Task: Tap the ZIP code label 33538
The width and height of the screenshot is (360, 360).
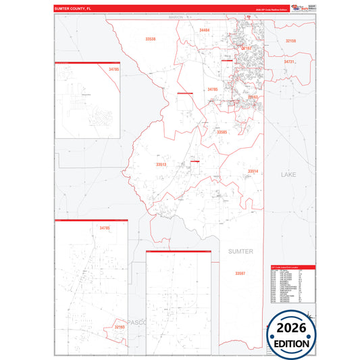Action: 151,39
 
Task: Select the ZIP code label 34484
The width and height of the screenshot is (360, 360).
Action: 205,30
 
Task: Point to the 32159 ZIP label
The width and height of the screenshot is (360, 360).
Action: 290,41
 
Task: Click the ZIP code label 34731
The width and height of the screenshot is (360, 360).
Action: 289,62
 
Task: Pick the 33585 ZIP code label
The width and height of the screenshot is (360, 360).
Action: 222,132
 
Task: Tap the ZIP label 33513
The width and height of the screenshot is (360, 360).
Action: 161,164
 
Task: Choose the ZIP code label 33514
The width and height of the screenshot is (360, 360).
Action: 253,172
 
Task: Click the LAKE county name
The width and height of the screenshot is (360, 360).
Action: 288,175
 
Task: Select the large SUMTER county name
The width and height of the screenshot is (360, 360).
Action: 240,251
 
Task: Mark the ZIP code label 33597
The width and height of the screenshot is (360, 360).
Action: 240,273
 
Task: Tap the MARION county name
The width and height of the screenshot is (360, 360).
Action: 176,17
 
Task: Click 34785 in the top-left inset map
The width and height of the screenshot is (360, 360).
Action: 113,70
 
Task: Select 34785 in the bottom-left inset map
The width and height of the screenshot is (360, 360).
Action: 104,228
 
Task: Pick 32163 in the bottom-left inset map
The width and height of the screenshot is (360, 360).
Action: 120,327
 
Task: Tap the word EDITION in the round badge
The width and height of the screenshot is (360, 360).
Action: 292,343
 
